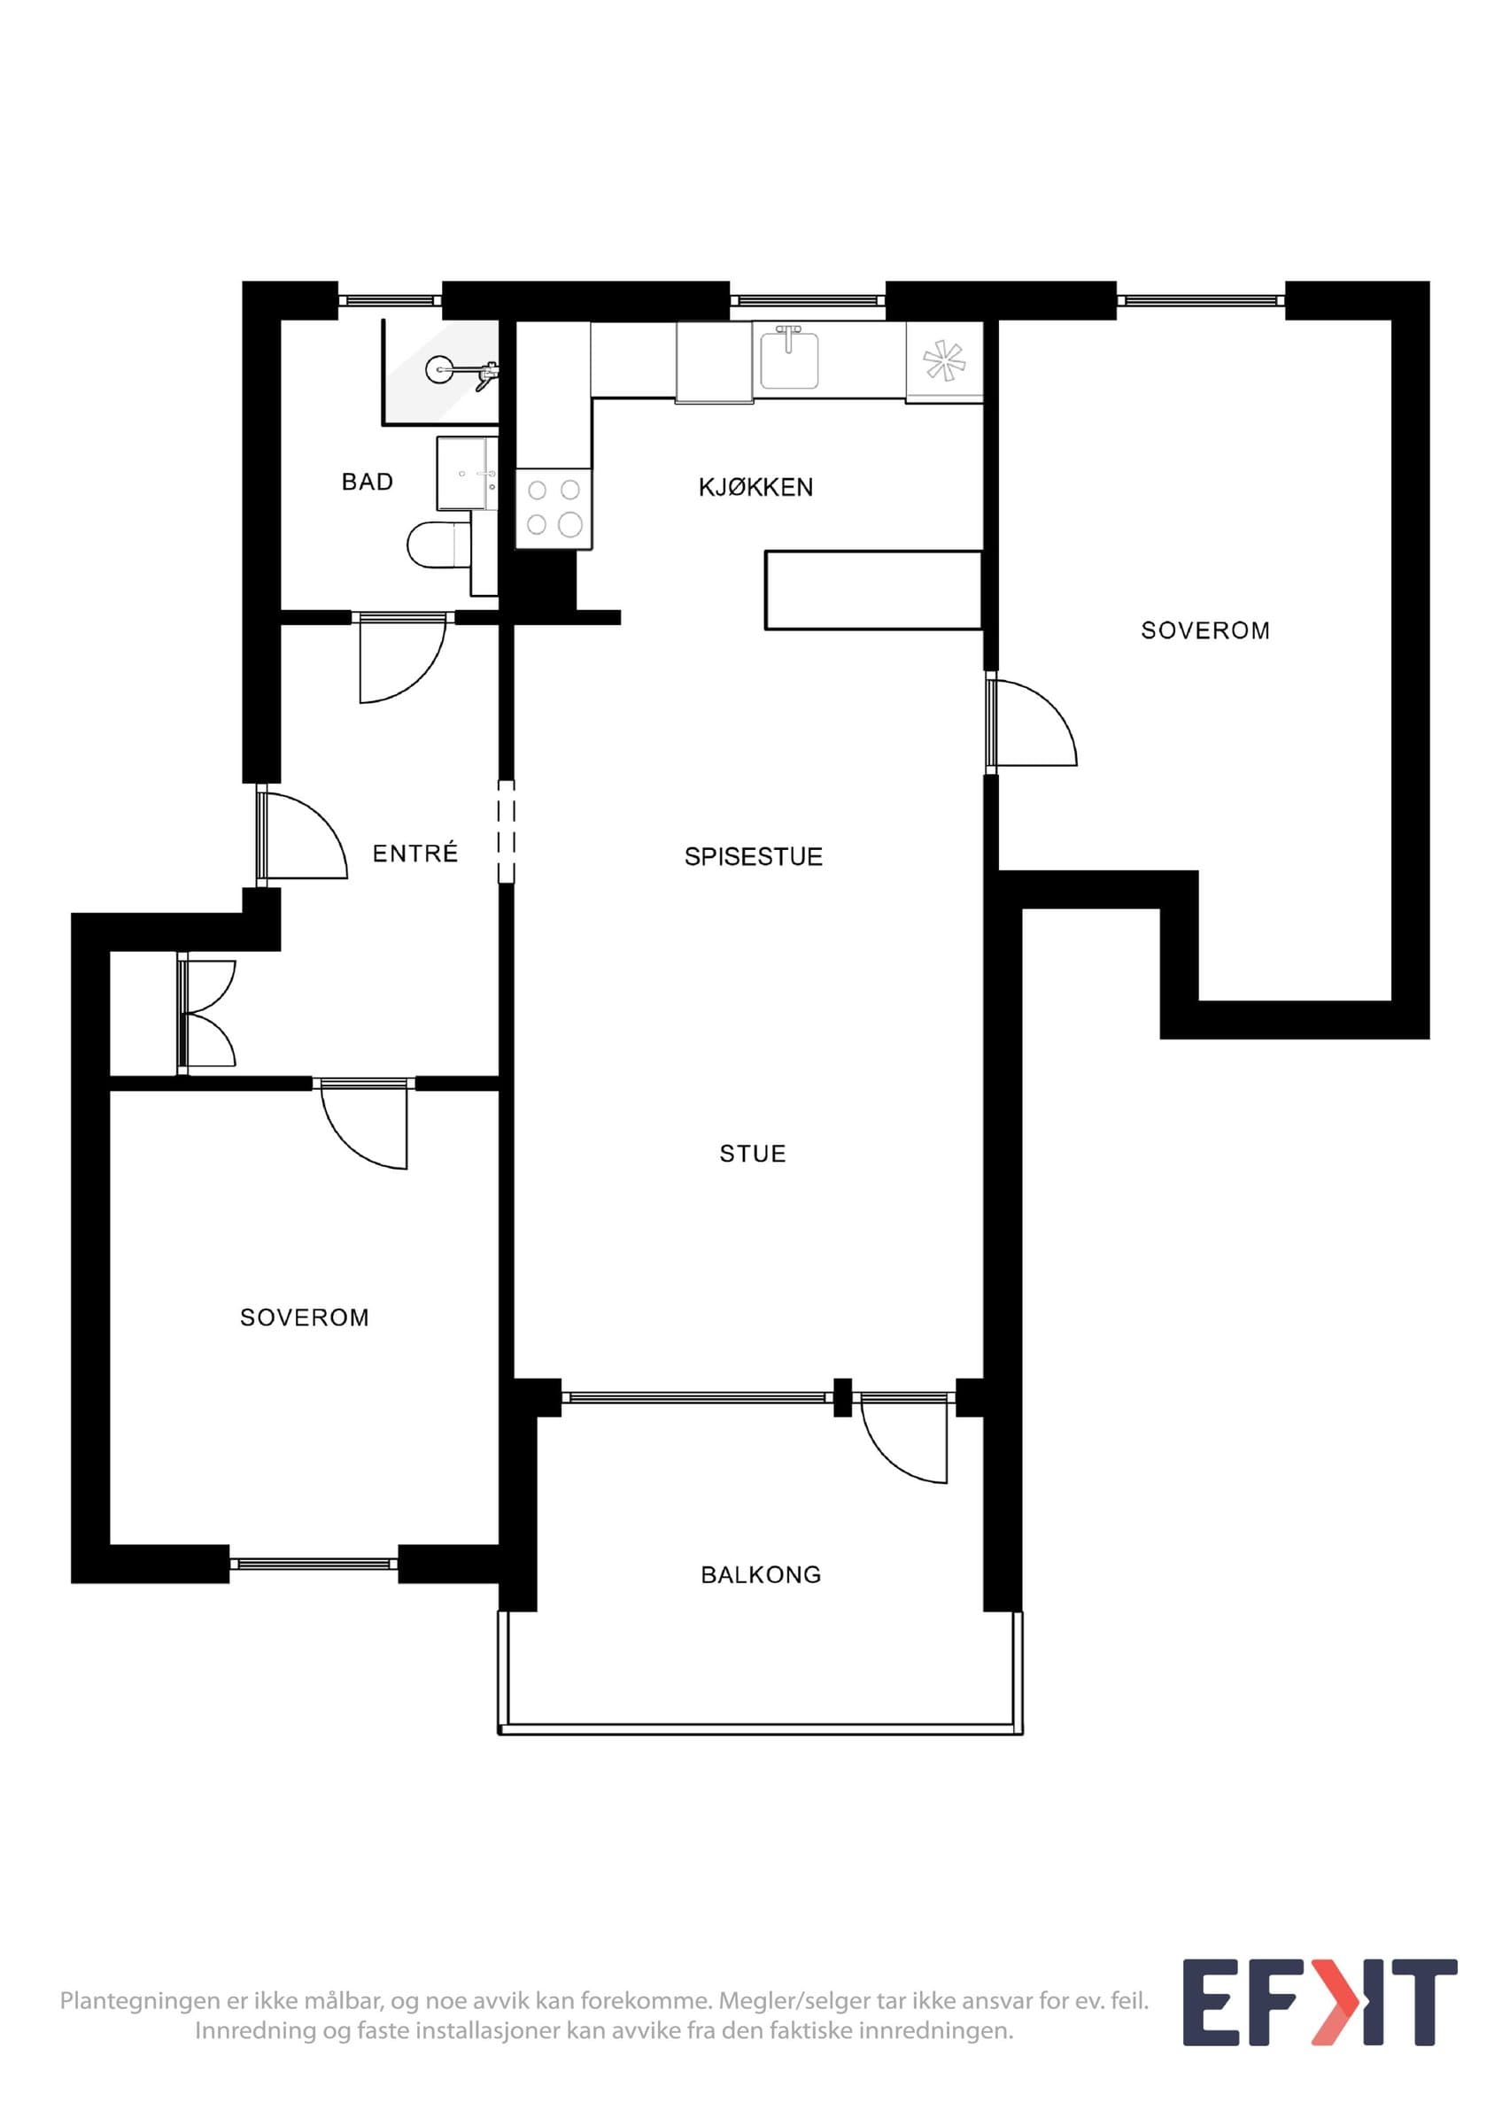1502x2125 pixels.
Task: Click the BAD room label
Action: pos(368,482)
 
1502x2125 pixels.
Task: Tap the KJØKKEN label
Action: pos(756,487)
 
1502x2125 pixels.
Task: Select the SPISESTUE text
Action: pos(754,857)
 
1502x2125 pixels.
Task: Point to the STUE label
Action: pos(753,1153)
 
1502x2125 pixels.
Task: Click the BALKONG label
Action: pos(761,1574)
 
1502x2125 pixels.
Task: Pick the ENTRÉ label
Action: pos(414,853)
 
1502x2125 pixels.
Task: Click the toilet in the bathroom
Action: pos(439,545)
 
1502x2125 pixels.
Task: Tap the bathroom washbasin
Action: pos(468,473)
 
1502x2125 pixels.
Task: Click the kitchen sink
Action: pos(789,359)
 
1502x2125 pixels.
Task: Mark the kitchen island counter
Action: pos(872,591)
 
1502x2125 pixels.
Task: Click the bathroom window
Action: pos(390,301)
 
